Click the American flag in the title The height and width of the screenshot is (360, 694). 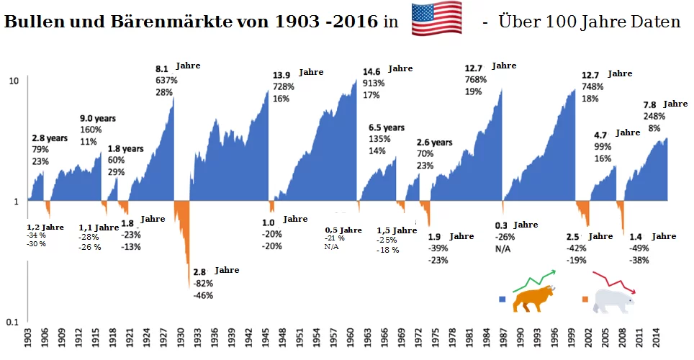click(x=436, y=19)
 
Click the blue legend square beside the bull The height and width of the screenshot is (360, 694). click(x=503, y=298)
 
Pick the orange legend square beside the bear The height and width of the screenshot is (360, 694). click(x=585, y=298)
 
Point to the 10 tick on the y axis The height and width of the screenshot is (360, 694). click(x=14, y=80)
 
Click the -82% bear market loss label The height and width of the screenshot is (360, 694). click(x=203, y=283)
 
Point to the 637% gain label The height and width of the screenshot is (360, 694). click(x=166, y=80)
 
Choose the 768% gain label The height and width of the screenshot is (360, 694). click(x=477, y=80)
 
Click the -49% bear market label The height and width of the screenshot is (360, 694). click(x=639, y=248)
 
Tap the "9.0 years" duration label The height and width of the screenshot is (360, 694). click(x=97, y=118)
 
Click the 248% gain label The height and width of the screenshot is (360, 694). click(x=654, y=117)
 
